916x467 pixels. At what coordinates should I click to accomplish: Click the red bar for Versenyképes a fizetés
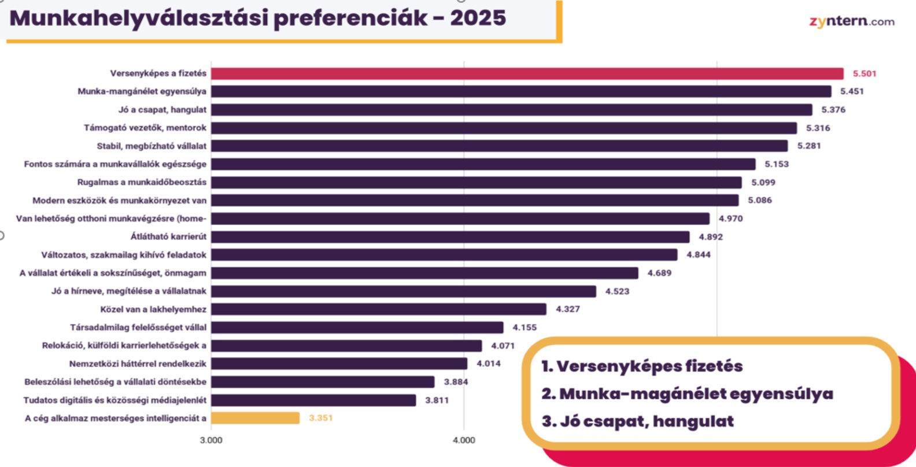click(x=526, y=73)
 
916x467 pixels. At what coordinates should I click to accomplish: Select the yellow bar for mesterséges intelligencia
click(x=255, y=418)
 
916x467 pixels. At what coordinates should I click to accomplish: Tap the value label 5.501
click(x=865, y=73)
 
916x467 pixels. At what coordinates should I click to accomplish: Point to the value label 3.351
click(x=320, y=418)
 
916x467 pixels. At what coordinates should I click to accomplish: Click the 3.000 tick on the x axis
click(x=211, y=440)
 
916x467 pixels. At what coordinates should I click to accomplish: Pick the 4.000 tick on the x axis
click(x=464, y=440)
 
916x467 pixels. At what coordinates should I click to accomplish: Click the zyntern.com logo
click(x=851, y=22)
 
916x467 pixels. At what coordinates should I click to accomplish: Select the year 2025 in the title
click(x=478, y=18)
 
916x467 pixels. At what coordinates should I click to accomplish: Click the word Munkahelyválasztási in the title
click(x=139, y=18)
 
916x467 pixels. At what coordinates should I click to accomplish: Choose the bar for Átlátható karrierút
click(x=450, y=237)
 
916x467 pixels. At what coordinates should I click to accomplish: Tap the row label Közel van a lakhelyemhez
click(x=153, y=309)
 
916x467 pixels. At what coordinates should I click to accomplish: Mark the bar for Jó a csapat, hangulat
click(x=511, y=110)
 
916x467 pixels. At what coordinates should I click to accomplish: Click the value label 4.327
click(x=567, y=309)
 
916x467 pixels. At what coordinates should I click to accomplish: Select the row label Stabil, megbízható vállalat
click(x=152, y=146)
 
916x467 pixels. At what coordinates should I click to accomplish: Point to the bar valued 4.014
click(x=339, y=364)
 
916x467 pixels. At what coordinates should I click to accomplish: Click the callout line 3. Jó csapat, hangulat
click(x=637, y=421)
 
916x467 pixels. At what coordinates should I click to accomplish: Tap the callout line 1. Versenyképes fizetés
click(x=642, y=366)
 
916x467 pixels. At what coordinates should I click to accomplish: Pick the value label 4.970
click(x=730, y=218)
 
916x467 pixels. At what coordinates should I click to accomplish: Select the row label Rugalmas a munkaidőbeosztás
click(x=142, y=182)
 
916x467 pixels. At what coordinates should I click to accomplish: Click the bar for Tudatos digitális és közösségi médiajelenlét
click(x=313, y=400)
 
